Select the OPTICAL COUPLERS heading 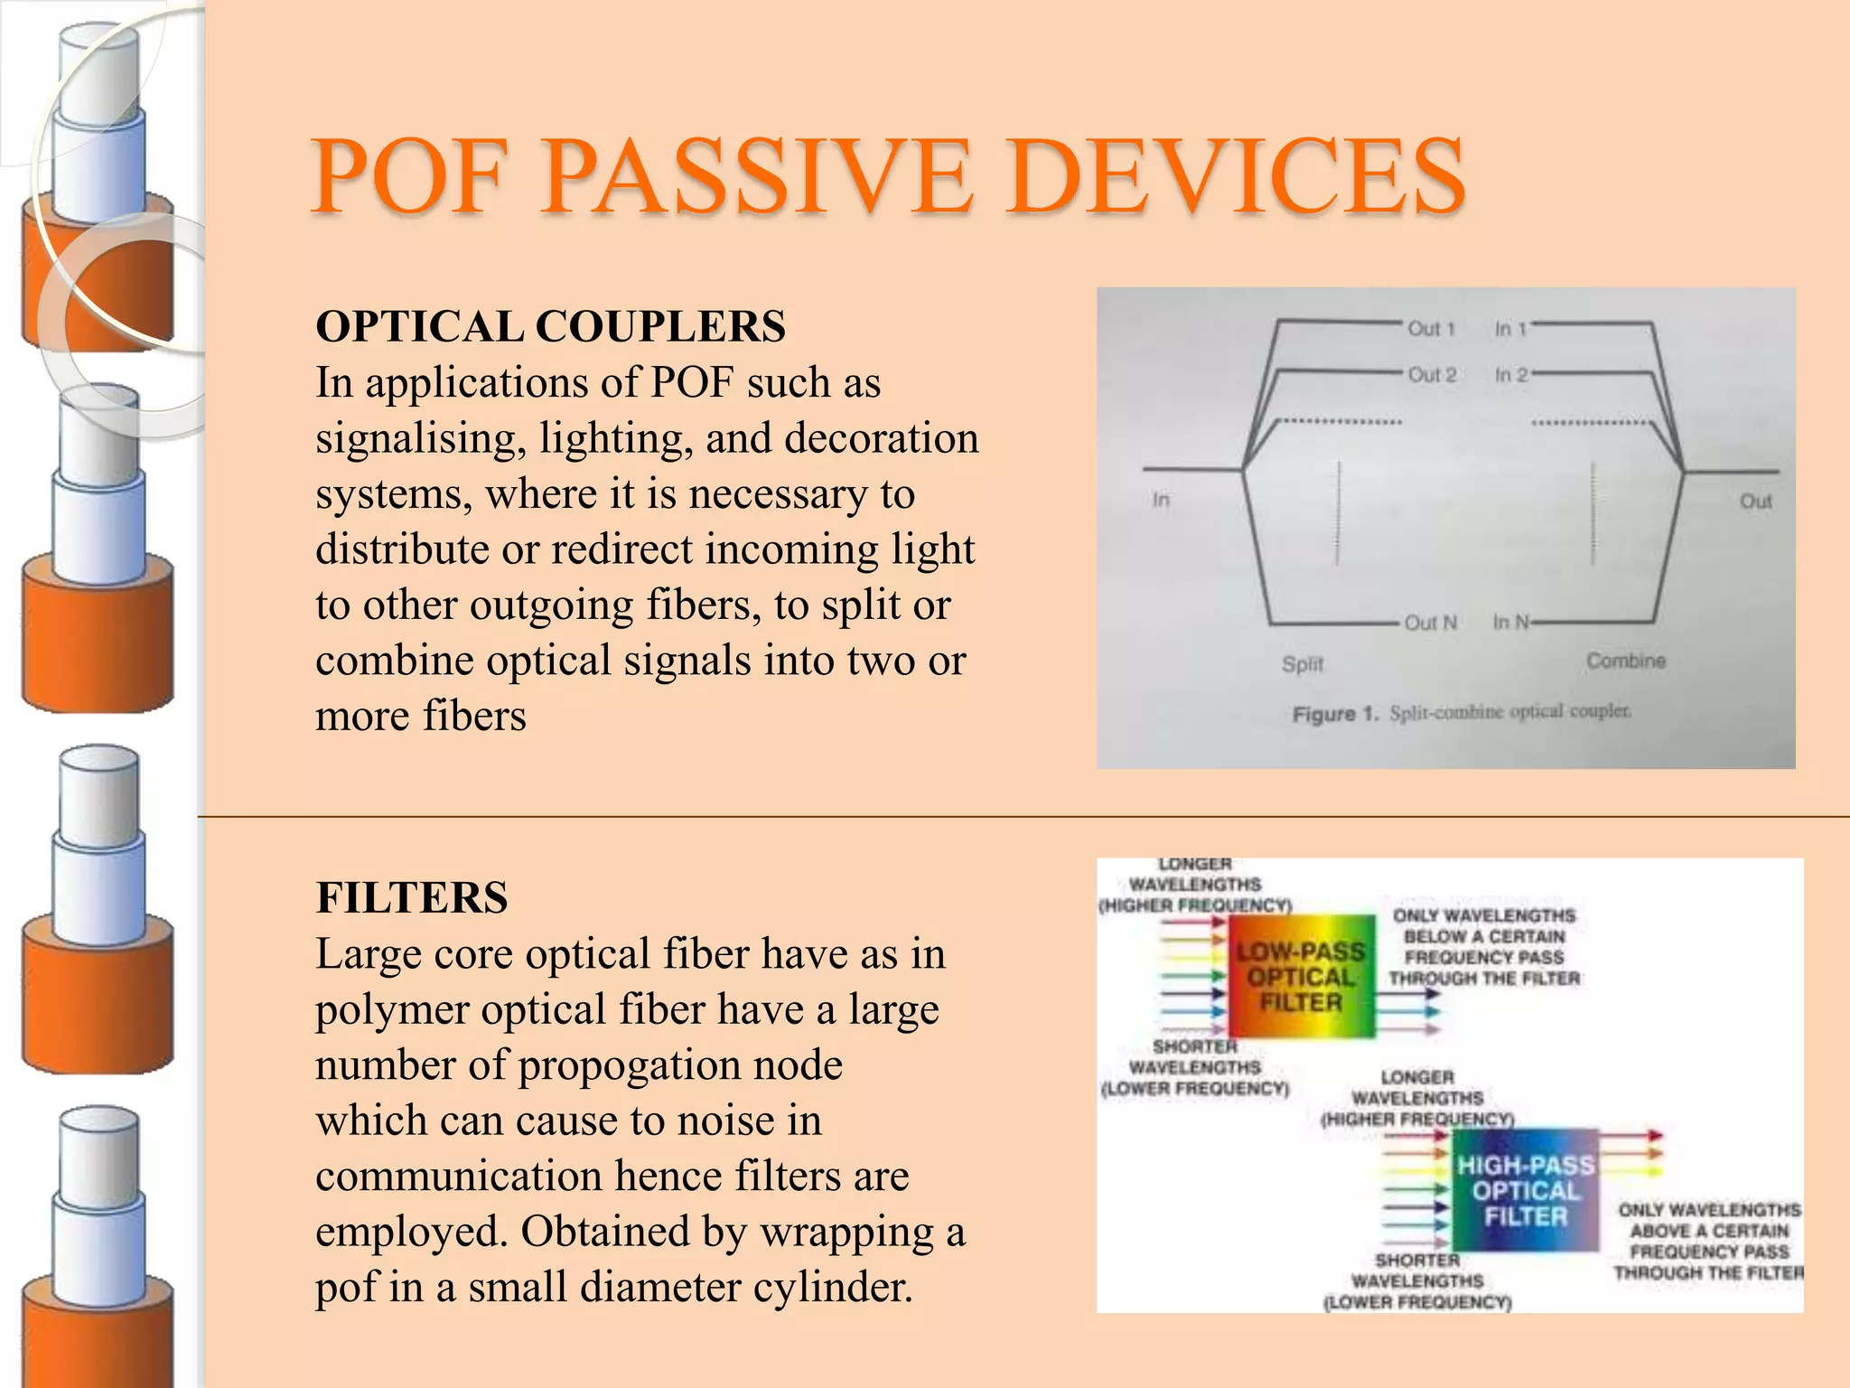pos(550,326)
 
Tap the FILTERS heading pos(412,898)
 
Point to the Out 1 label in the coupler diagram pos(1432,329)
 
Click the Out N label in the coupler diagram pos(1431,623)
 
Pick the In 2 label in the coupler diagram pos(1510,375)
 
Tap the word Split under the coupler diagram pos(1302,664)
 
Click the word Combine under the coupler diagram pos(1626,661)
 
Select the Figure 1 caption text pos(1462,713)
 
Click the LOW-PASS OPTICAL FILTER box pos(1301,977)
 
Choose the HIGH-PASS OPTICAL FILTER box pos(1526,1190)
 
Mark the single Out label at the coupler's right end pos(1756,502)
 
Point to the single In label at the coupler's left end pos(1161,500)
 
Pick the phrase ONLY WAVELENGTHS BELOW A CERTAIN pos(1484,926)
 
